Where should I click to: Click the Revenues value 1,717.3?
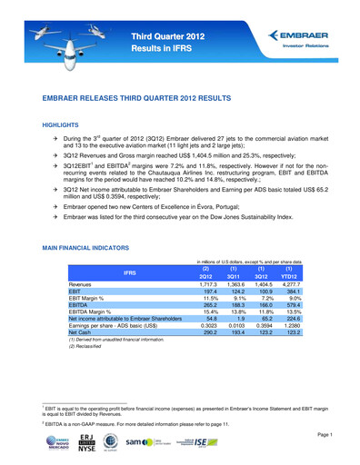[207, 286]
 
